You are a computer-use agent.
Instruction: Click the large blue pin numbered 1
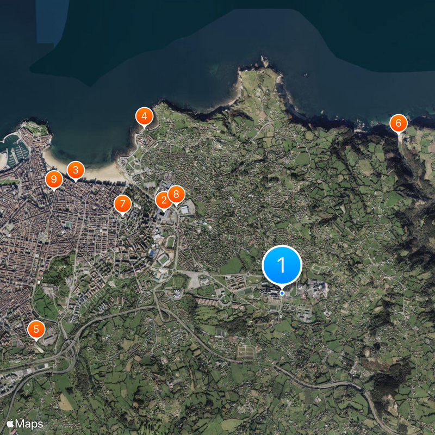point(282,265)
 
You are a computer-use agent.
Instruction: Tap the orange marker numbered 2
point(163,200)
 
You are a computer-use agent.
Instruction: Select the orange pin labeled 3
point(75,170)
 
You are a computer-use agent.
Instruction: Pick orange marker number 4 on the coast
point(144,116)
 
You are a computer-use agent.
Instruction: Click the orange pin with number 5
point(36,328)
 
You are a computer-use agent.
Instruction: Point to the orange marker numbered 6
point(398,123)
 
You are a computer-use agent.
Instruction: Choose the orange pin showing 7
point(123,204)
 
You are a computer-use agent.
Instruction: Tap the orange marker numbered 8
point(176,194)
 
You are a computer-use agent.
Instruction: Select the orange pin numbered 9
point(53,178)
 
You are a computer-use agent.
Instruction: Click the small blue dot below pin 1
point(282,293)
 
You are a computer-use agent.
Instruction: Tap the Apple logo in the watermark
point(10,423)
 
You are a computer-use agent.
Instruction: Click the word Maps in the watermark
point(29,423)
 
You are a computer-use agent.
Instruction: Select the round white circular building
point(177,294)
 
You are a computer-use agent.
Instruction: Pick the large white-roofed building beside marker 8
point(185,209)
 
